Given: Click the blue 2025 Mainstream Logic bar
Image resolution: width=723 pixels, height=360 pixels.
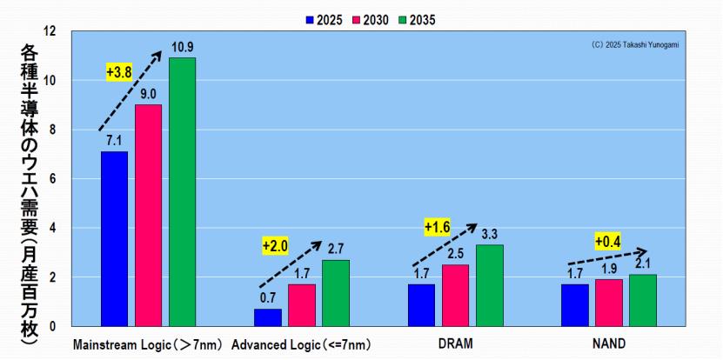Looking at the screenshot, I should pos(114,238).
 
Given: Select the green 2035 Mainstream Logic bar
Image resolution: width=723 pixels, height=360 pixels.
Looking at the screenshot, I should pos(182,191).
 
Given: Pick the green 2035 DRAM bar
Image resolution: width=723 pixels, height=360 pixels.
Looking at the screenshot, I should pos(489,285).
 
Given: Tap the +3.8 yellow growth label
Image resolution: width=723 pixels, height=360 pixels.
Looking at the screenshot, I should pos(118,72).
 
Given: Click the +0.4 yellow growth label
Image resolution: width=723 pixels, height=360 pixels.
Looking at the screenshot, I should pos(608,241).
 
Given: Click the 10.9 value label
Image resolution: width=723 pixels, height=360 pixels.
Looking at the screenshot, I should pos(182,47).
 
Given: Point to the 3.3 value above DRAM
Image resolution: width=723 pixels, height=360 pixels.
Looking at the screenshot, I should pos(489,234).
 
